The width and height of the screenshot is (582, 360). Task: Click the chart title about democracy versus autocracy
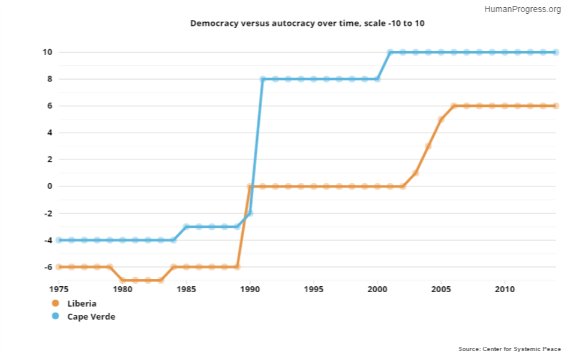pyautogui.click(x=307, y=23)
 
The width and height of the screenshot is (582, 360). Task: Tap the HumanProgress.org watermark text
pyautogui.click(x=522, y=9)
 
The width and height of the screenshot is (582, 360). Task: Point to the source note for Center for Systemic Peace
pyautogui.click(x=509, y=349)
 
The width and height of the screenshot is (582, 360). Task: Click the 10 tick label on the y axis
pyautogui.click(x=47, y=52)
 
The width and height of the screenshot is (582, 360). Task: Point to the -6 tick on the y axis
pyautogui.click(x=47, y=267)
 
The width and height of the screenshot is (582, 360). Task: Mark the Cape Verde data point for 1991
pyautogui.click(x=262, y=79)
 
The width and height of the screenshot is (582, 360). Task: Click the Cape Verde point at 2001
pyautogui.click(x=390, y=52)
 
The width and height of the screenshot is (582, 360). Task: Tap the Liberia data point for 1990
pyautogui.click(x=250, y=186)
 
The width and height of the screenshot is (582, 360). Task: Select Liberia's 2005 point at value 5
pyautogui.click(x=441, y=119)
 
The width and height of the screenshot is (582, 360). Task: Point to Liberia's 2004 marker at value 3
pyautogui.click(x=428, y=146)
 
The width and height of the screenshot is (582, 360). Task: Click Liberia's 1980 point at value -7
pyautogui.click(x=122, y=280)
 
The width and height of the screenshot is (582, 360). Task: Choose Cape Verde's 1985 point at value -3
pyautogui.click(x=186, y=227)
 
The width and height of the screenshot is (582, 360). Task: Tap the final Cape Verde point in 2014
pyautogui.click(x=556, y=52)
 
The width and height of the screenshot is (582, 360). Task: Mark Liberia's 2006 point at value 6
pyautogui.click(x=454, y=106)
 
